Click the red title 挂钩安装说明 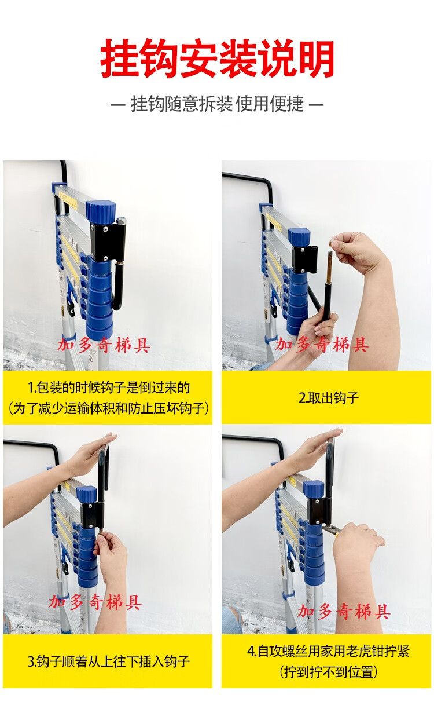217,58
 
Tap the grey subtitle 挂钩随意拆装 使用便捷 217,104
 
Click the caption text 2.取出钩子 329,398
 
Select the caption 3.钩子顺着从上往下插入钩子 108,661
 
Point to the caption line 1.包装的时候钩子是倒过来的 108,387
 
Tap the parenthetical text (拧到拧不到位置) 329,672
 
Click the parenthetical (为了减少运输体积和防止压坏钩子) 108,408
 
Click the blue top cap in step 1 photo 101,211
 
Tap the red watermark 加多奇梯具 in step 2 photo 322,345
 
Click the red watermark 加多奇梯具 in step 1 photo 104,345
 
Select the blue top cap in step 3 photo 86,493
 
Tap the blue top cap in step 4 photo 313,489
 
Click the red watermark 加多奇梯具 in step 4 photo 344,612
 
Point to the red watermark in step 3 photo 95,602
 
